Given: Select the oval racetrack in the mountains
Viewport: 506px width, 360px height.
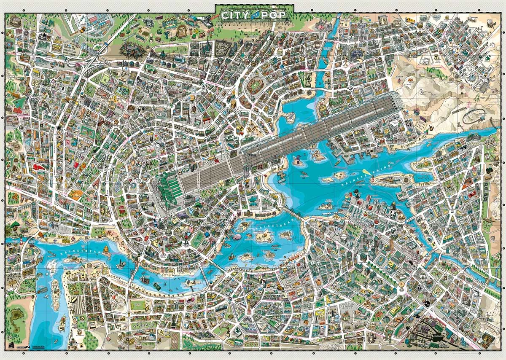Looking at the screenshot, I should click(x=475, y=115).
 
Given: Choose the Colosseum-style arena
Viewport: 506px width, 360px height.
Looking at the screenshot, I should click(x=16, y=20).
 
